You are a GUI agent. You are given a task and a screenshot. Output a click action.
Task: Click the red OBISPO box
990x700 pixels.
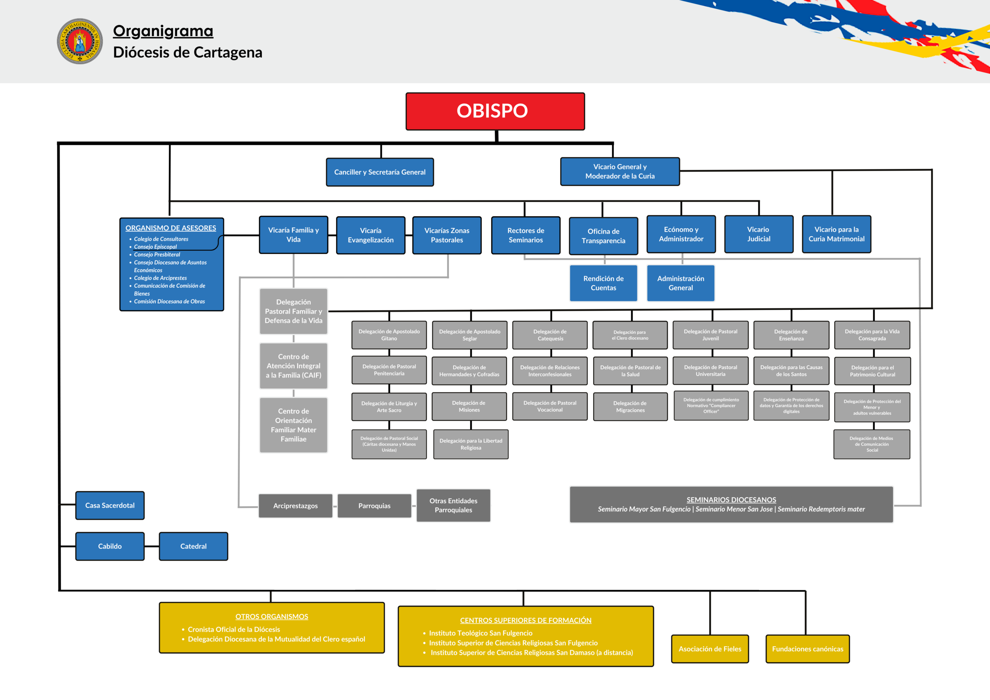495,111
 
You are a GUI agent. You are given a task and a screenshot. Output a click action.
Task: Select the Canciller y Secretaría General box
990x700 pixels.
380,172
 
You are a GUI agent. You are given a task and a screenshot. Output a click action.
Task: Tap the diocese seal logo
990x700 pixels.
80,41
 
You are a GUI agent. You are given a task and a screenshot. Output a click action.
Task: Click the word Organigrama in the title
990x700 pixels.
163,31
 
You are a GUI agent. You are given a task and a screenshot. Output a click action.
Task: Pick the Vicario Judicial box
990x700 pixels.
758,234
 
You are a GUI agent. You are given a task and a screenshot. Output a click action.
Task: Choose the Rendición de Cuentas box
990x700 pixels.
603,283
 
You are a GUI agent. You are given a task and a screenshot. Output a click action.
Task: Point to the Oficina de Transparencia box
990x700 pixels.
603,236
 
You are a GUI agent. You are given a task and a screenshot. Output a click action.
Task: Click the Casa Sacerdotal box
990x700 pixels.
110,505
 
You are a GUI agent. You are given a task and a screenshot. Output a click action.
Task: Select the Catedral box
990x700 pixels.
194,546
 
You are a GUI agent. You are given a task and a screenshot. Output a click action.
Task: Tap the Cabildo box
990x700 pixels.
110,546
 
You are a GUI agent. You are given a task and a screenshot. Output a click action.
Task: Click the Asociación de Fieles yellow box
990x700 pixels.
710,649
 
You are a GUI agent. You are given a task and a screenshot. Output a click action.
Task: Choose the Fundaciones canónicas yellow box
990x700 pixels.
807,649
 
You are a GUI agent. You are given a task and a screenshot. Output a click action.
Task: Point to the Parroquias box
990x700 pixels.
374,506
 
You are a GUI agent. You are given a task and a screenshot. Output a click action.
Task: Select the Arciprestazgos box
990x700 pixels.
295,506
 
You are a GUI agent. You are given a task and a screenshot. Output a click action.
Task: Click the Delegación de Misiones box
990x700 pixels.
469,406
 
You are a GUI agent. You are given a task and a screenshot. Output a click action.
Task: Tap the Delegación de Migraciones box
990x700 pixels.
630,407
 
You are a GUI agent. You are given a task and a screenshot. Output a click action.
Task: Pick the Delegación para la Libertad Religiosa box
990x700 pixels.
471,444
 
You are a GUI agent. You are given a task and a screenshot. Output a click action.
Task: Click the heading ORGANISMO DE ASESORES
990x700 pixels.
171,228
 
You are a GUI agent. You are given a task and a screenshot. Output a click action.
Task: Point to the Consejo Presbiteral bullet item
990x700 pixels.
157,254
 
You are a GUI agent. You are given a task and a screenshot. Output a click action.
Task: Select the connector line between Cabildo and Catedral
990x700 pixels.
152,546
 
